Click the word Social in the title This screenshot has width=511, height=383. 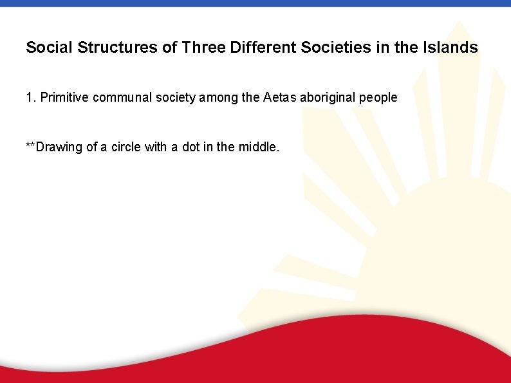pyautogui.click(x=48, y=48)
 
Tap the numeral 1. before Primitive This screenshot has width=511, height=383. pyautogui.click(x=31, y=98)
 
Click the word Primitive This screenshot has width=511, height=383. pyautogui.click(x=64, y=98)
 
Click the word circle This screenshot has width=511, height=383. pyautogui.click(x=125, y=147)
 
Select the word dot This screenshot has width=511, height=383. pyautogui.click(x=187, y=147)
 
